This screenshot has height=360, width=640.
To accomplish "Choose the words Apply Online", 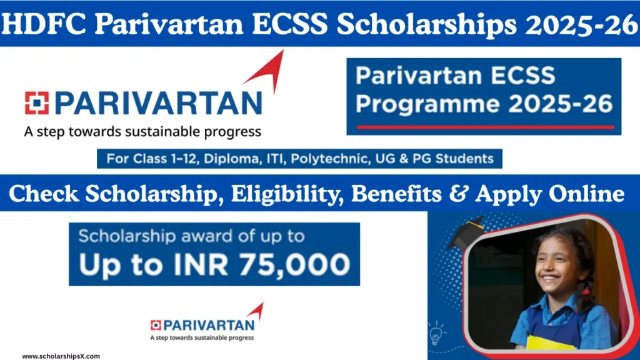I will click(550, 194).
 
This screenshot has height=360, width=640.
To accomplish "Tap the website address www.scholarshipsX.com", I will click(61, 356).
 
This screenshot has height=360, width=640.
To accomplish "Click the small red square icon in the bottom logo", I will click(156, 324).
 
